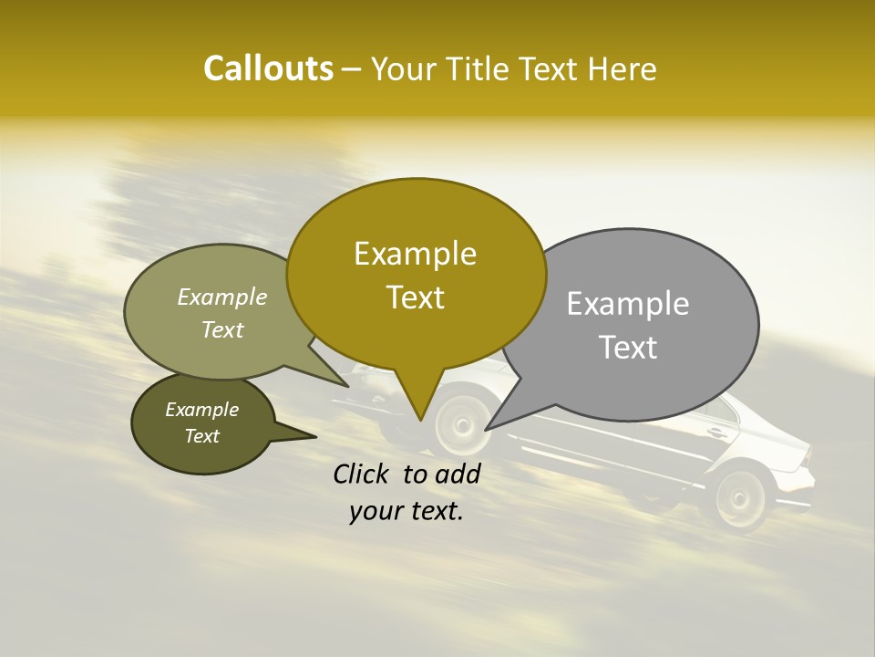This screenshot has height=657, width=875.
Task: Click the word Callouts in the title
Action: (x=268, y=68)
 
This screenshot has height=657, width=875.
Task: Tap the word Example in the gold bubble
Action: (x=415, y=254)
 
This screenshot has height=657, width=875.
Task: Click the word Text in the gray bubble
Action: (x=628, y=348)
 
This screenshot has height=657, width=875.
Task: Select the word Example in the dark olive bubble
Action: (x=201, y=410)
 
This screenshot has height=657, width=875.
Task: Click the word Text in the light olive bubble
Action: (x=222, y=329)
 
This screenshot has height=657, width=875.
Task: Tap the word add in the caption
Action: (x=457, y=474)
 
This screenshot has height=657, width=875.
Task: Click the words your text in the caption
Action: (x=407, y=512)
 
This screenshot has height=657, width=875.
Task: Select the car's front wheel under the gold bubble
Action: (x=460, y=423)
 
